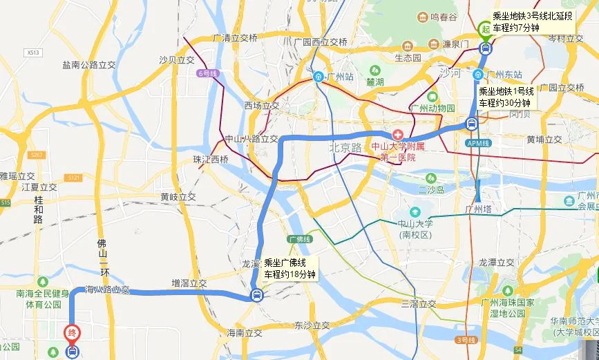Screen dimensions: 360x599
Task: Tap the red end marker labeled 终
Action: (x=72, y=333)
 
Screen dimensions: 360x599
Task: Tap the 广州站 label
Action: (x=340, y=76)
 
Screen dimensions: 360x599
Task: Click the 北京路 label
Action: (x=345, y=147)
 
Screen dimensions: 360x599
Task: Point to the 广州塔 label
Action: (x=482, y=209)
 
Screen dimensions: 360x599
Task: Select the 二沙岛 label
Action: (x=430, y=189)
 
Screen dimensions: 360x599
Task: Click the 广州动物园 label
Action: (x=433, y=108)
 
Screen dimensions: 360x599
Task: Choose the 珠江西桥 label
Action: (x=210, y=160)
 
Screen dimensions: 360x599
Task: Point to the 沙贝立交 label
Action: (x=177, y=60)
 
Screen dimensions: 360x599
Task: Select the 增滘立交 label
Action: (x=189, y=283)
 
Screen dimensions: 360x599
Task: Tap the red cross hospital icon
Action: (x=397, y=133)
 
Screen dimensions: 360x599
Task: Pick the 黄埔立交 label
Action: (x=544, y=139)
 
